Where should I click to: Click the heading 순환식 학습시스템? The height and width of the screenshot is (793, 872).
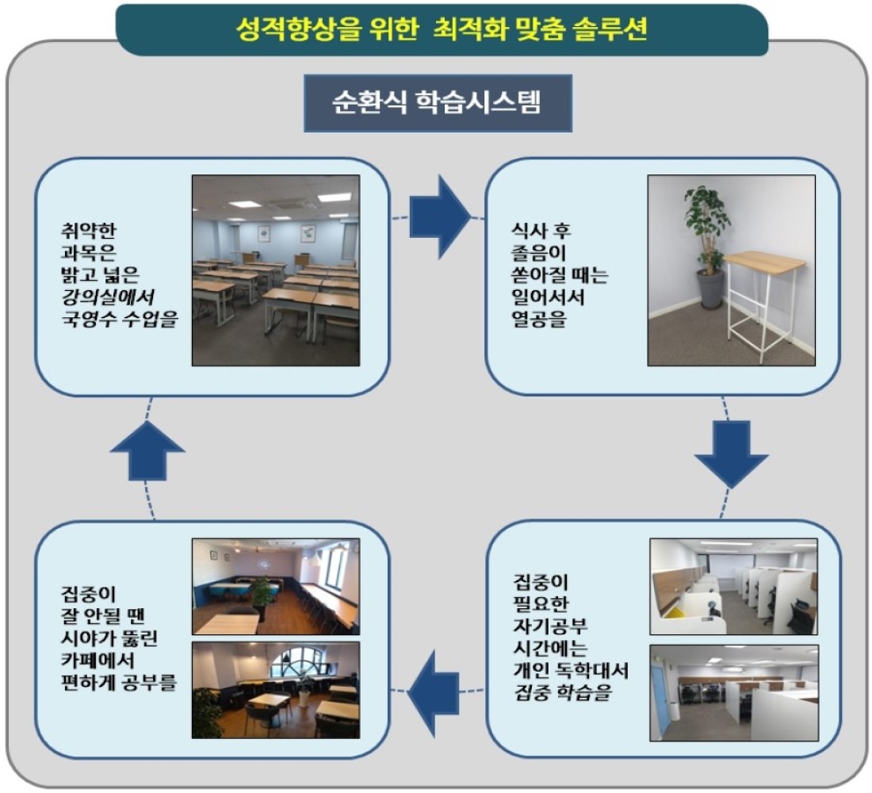[437, 102]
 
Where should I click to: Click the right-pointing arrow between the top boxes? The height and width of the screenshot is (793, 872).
[440, 216]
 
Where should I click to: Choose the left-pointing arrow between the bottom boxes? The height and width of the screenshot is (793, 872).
[434, 693]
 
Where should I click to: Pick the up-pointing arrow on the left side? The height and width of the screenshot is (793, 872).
[147, 450]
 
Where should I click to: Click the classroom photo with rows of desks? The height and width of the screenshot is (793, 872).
[276, 270]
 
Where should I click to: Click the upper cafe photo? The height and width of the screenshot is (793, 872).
[276, 587]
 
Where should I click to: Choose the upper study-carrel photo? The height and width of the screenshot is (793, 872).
[733, 587]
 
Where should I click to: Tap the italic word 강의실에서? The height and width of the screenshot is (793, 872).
[107, 297]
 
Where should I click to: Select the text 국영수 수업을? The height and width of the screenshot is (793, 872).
[119, 320]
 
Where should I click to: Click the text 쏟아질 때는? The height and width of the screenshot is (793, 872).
[560, 275]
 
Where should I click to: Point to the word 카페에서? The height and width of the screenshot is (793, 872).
[98, 660]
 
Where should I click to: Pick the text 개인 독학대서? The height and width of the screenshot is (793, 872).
[571, 671]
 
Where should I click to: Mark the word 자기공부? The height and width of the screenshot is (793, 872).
[550, 626]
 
